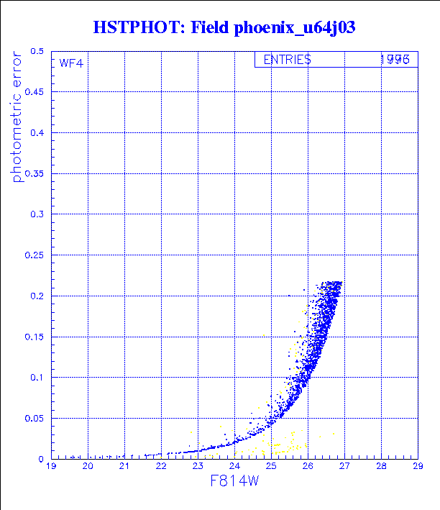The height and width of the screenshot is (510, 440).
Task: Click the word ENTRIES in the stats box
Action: [287, 60]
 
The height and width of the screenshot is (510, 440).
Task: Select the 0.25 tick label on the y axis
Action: [35, 255]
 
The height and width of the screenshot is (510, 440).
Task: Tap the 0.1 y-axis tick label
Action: [37, 378]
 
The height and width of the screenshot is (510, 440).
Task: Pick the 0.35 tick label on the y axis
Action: [35, 174]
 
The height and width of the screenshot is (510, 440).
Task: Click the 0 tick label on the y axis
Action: [42, 459]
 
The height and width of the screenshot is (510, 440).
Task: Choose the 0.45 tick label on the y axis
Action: [35, 92]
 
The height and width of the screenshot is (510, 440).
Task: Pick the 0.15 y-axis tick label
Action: [35, 337]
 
